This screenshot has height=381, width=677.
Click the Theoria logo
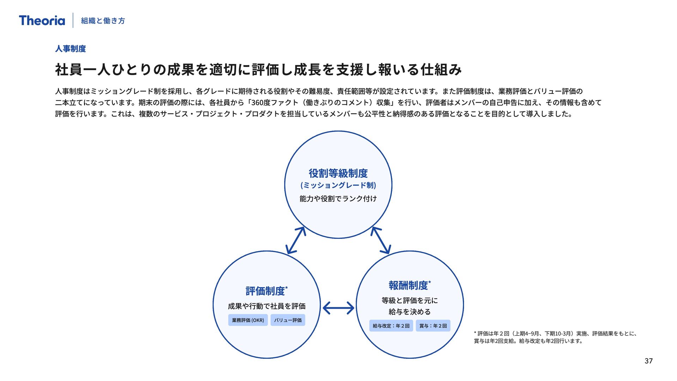(x=42, y=20)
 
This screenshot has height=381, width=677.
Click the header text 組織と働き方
(x=103, y=21)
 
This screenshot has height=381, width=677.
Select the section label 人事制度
(x=71, y=49)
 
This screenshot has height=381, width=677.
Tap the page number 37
(x=648, y=361)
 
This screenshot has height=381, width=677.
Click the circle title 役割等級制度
(x=338, y=173)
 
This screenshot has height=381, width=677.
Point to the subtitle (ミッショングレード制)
(x=338, y=186)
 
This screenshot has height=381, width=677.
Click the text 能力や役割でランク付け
(x=338, y=199)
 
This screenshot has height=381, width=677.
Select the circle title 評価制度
(x=266, y=291)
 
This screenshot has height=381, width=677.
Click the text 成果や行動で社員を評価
(x=267, y=306)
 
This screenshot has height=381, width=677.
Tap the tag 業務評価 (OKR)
(x=248, y=320)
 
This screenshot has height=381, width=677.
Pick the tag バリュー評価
(x=288, y=320)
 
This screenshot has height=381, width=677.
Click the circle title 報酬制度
(x=409, y=285)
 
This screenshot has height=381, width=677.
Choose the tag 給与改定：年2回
(x=391, y=326)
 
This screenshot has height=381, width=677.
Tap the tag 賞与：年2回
(x=433, y=326)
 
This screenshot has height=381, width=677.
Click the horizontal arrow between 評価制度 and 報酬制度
(x=338, y=308)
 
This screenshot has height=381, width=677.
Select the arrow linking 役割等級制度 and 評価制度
(x=296, y=240)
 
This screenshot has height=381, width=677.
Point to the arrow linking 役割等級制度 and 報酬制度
(x=381, y=240)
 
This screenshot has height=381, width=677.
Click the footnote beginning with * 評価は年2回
(x=555, y=337)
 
